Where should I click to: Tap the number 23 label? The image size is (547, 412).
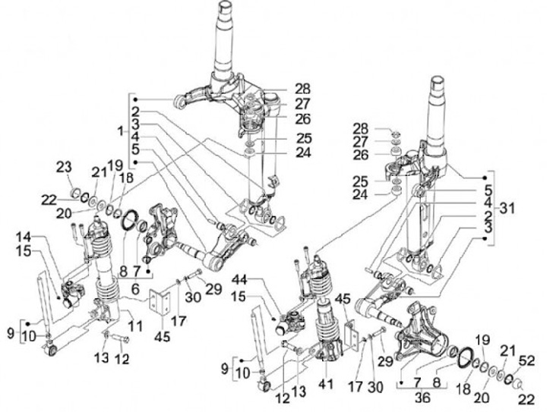65,166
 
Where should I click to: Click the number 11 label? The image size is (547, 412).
138,327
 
